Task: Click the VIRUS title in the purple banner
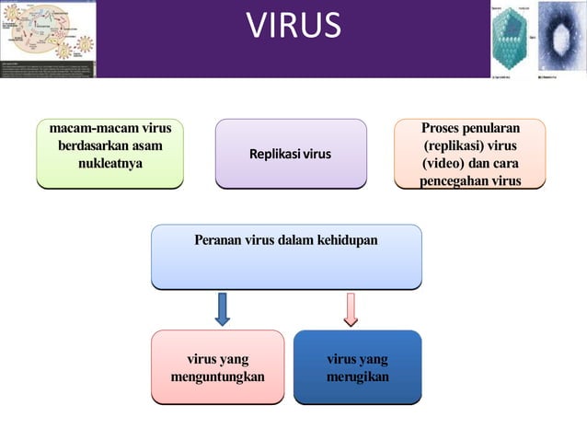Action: click(x=293, y=27)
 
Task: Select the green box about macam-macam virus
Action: click(x=109, y=153)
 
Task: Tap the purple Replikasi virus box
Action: click(x=291, y=153)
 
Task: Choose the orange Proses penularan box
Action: click(x=470, y=153)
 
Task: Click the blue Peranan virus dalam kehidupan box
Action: click(x=286, y=257)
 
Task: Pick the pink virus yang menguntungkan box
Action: click(x=217, y=366)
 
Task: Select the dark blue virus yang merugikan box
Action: click(x=357, y=366)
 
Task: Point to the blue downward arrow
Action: click(x=222, y=308)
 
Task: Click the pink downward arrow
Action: click(x=351, y=308)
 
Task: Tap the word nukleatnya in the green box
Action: click(x=109, y=164)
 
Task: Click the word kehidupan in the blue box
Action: click(x=347, y=240)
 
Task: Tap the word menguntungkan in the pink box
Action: click(x=217, y=377)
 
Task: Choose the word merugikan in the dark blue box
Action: click(x=357, y=377)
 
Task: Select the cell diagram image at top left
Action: click(x=48, y=39)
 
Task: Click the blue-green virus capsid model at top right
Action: click(x=511, y=39)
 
